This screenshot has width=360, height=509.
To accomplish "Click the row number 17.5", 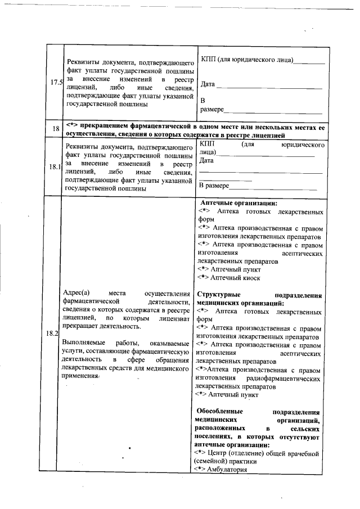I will (56, 83).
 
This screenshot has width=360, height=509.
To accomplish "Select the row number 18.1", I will (56, 168).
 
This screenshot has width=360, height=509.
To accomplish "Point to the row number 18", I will (56, 129).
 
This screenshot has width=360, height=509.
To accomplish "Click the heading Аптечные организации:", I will (238, 204).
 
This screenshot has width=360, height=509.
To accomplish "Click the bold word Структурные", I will (219, 295).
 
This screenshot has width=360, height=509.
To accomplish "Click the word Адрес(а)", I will (78, 293).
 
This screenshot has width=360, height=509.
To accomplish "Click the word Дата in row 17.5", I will (208, 84).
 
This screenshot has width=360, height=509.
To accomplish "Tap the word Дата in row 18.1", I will (206, 160).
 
